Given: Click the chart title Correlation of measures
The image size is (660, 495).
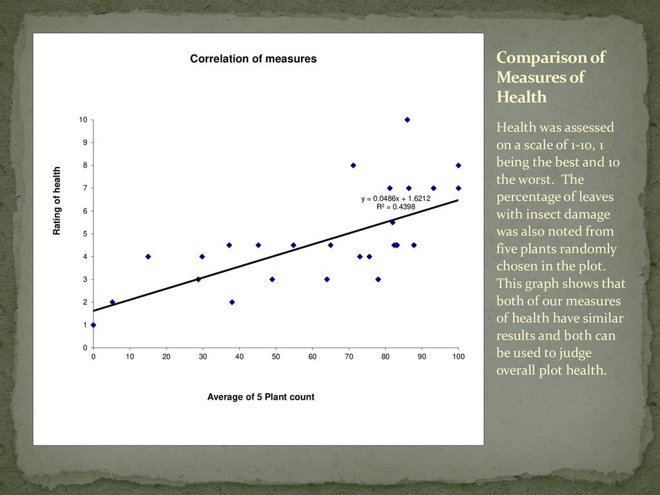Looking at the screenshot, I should tap(253, 59).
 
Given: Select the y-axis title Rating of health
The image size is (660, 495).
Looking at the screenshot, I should tap(57, 200).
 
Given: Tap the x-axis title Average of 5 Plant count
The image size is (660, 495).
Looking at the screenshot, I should tap(260, 397).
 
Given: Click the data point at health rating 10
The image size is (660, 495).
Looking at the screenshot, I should tap(407, 120).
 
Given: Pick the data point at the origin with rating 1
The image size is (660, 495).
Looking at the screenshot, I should tap(93, 325).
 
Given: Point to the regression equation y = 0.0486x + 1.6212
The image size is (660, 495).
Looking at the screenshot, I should tap(395, 199).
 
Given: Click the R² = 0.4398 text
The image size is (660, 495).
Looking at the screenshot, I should tap(396, 207).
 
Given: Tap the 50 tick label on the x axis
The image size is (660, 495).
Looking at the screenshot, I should tap(276, 356).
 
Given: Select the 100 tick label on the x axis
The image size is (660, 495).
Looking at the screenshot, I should tap(458, 356).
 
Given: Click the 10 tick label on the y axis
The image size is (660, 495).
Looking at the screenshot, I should tap(83, 120).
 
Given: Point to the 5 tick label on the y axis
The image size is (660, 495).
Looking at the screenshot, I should tap(85, 234).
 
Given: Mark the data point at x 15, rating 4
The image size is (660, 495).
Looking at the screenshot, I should tap(148, 257).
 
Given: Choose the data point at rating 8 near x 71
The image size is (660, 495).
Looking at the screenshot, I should tap(353, 166).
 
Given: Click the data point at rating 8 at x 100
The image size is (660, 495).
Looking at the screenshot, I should tap(458, 166).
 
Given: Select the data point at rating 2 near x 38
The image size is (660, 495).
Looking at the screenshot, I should tap(232, 302).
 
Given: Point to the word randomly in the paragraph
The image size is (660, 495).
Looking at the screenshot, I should tap(583, 249).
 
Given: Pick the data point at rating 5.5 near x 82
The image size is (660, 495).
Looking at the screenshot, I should tap(393, 222).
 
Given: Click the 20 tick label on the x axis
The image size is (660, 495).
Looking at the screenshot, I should tap(166, 356).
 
